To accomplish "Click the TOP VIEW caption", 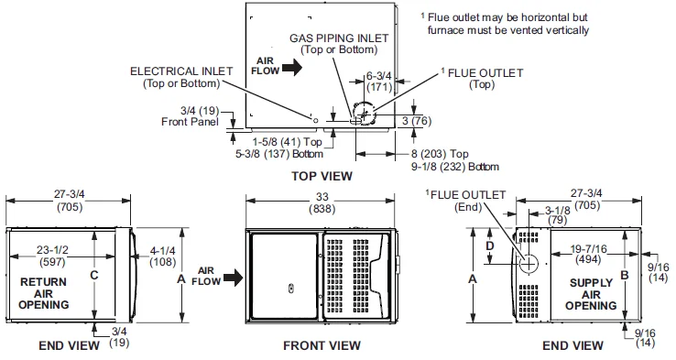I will point(322,175).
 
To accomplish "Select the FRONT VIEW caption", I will point(322,345).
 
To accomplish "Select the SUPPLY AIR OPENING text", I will point(591,294).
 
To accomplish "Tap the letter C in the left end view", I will point(93,273).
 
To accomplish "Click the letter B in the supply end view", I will point(625,273).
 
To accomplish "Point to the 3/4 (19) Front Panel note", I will point(191,116).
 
